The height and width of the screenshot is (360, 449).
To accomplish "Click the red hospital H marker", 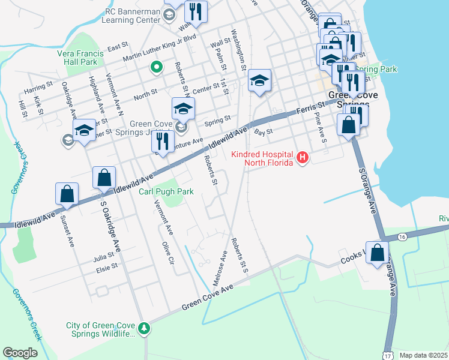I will [303, 158].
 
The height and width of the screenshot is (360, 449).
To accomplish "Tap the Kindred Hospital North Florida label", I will [264, 158].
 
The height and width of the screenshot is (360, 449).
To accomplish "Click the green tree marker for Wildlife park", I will [143, 328].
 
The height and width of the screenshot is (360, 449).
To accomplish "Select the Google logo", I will [20, 352].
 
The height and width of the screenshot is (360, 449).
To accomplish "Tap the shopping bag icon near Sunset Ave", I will [67, 193].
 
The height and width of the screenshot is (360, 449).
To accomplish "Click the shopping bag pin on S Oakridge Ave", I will [104, 177].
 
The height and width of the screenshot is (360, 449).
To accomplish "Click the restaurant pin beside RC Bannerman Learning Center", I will [196, 10].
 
